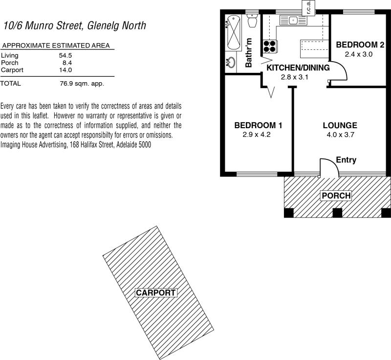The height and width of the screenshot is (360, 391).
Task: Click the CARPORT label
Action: coord(155,293)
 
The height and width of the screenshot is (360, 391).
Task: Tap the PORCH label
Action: coord(336,196)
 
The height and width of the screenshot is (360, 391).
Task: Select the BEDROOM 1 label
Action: coord(258,125)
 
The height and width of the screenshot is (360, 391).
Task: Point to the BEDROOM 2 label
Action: coord(359,45)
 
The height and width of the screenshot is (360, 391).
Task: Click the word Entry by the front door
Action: coord(346,160)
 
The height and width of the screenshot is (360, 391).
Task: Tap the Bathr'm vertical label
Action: coord(248,52)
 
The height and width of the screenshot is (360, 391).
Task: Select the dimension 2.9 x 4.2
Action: coord(258,135)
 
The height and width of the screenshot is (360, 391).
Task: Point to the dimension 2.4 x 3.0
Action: coord(359,54)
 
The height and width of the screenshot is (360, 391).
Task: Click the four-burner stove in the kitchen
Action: coord(269,46)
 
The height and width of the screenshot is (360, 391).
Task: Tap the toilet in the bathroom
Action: coord(253,21)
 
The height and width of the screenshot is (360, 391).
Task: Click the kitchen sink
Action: coord(293,20)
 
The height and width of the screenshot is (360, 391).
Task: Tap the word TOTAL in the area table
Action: coord(11,84)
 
